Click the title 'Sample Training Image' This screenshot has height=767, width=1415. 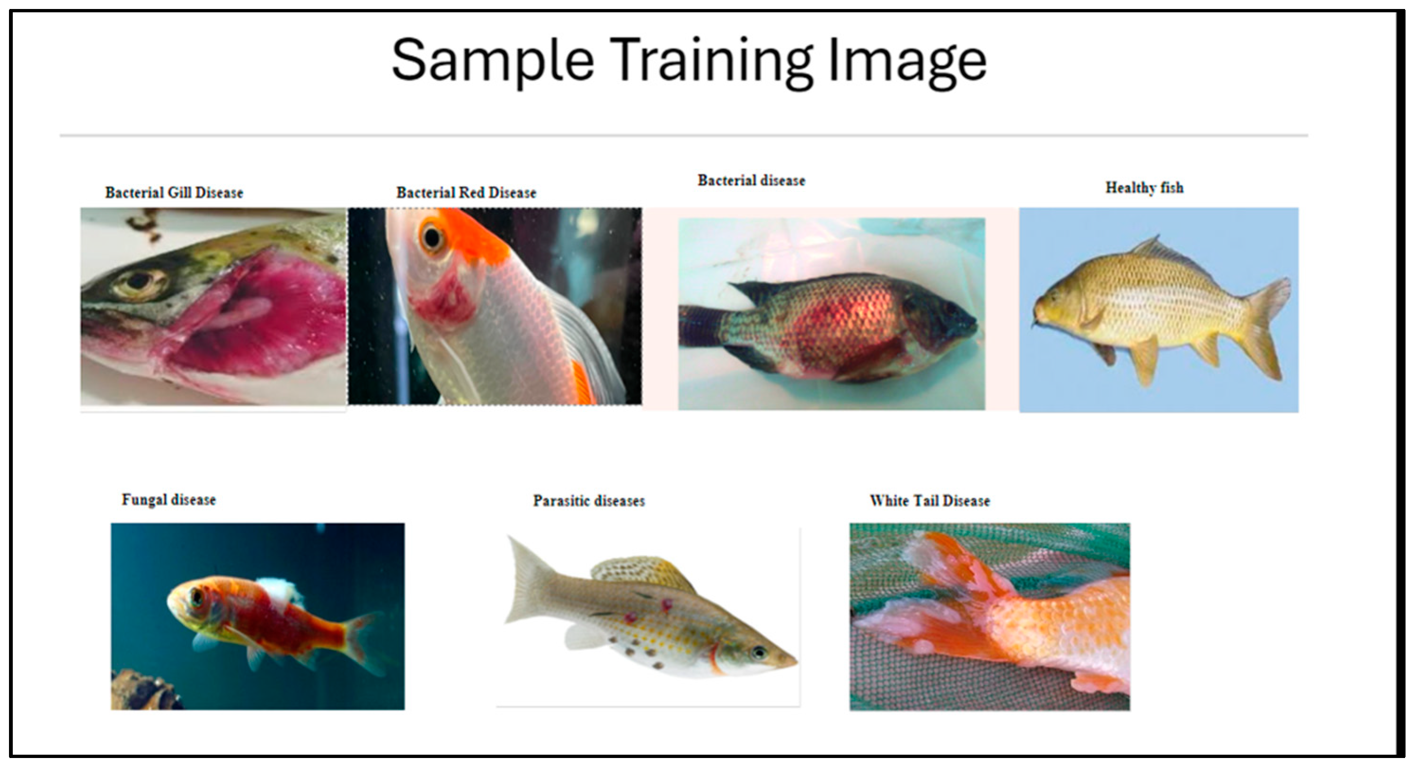click(x=689, y=61)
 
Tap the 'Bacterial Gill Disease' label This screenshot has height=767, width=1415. click(x=174, y=193)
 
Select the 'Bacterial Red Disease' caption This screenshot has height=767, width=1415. click(x=466, y=193)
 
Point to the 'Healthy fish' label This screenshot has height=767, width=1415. click(x=1144, y=188)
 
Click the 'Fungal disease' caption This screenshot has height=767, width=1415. click(x=168, y=500)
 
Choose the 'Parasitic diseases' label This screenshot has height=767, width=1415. click(x=589, y=501)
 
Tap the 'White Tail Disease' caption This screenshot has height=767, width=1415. click(x=930, y=501)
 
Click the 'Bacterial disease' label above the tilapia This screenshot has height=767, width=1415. click(x=752, y=181)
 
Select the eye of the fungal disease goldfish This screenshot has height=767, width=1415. click(x=195, y=597)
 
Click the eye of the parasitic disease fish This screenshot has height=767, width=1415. click(x=760, y=653)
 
